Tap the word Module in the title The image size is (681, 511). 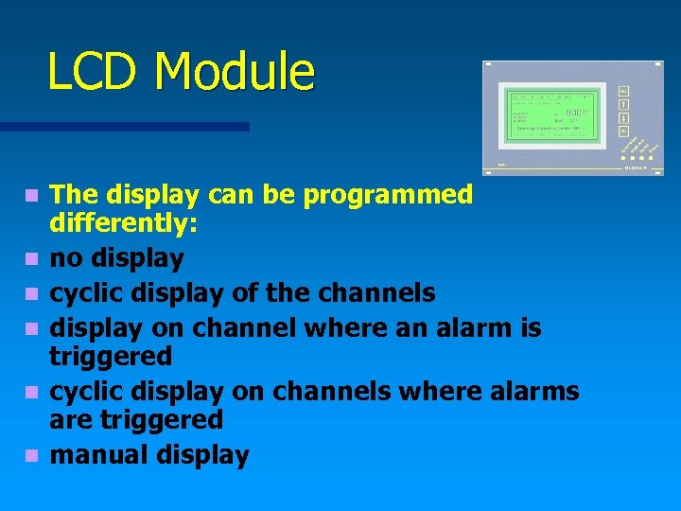[236, 73]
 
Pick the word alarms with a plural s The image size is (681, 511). [536, 391]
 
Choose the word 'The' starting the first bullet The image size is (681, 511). [74, 196]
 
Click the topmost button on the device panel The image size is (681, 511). [623, 92]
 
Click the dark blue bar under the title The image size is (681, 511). [124, 126]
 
